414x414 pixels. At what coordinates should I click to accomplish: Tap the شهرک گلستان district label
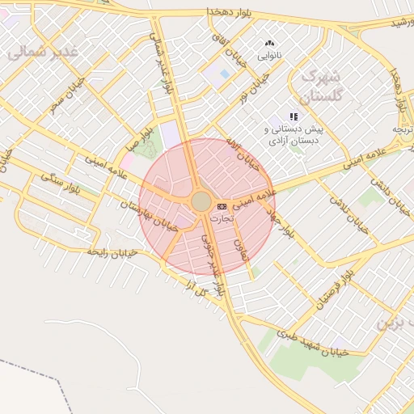[x=321, y=86]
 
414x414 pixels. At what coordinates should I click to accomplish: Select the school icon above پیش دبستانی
[x=294, y=117]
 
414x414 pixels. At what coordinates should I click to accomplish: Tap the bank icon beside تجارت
[x=222, y=207]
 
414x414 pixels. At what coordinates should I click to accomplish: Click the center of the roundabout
[x=201, y=201]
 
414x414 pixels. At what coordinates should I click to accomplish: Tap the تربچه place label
[x=402, y=129]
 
